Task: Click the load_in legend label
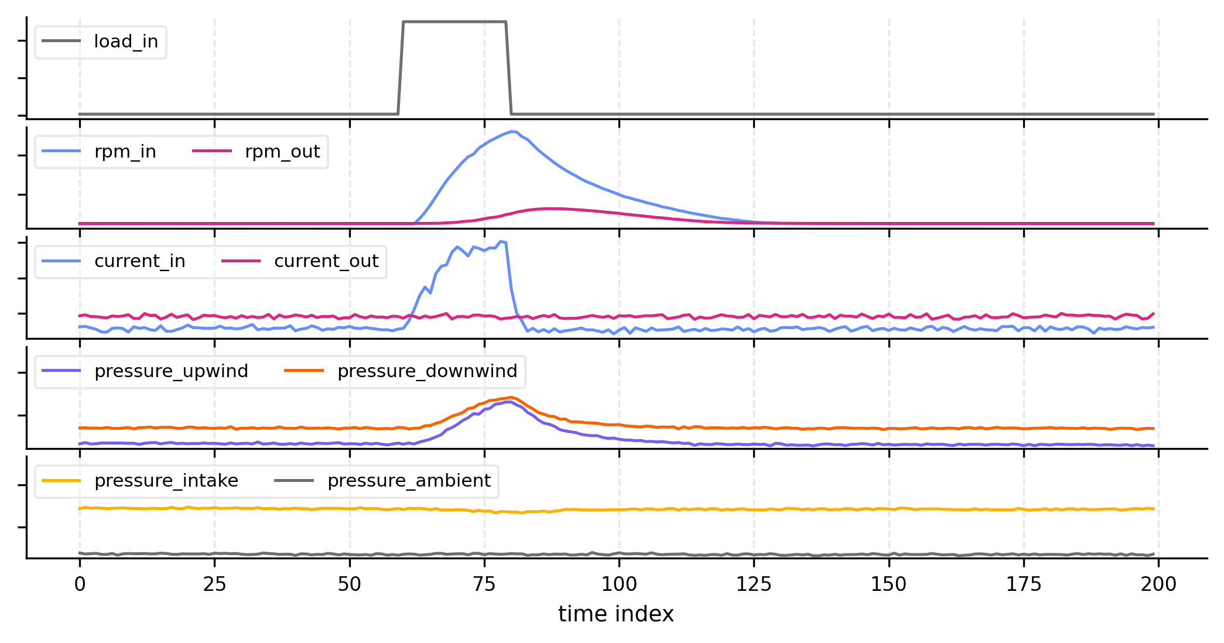(x=126, y=42)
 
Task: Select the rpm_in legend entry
(x=125, y=152)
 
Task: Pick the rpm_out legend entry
(x=282, y=152)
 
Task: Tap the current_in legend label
(x=139, y=261)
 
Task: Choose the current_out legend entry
(x=326, y=261)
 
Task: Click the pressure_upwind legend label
(x=171, y=371)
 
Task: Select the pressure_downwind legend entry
(x=427, y=371)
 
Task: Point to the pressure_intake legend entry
(x=166, y=481)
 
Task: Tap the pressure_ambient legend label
(x=409, y=481)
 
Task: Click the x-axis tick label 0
(x=80, y=584)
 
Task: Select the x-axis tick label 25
(x=214, y=584)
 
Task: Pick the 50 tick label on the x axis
(x=350, y=584)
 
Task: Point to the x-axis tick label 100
(x=619, y=584)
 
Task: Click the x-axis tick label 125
(x=754, y=584)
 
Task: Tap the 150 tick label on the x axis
(x=889, y=584)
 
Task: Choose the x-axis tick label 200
(x=1158, y=584)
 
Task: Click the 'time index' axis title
(x=616, y=614)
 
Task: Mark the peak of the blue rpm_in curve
(x=514, y=132)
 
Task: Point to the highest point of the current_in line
(x=501, y=241)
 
